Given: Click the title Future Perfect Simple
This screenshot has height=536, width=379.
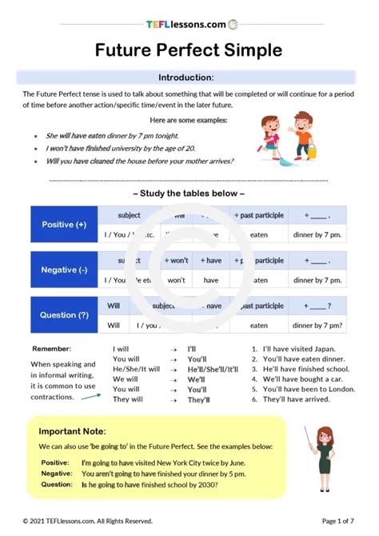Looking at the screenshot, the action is click(189, 50).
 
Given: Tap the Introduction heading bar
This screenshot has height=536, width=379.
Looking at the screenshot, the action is click(186, 78).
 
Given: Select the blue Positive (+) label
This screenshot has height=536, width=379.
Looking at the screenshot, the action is click(64, 225).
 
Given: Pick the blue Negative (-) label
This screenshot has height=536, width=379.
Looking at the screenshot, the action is click(64, 270).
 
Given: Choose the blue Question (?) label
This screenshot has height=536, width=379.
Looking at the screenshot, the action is click(64, 315).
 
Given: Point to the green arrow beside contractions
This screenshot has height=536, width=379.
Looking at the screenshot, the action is click(92, 392).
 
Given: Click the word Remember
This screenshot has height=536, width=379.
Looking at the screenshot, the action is click(51, 350).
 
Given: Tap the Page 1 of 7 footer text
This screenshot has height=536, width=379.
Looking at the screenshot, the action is click(337, 522).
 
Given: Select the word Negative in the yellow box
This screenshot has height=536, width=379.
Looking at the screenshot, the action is click(55, 473).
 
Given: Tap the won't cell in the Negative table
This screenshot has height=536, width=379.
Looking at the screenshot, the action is click(177, 281).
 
